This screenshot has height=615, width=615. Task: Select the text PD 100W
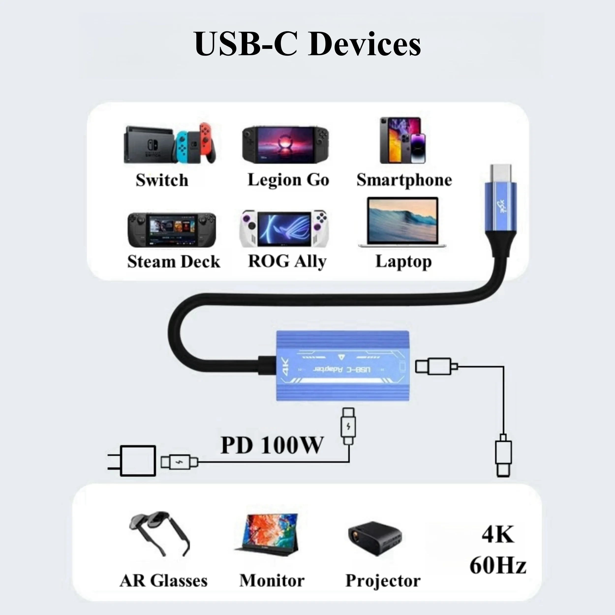272,445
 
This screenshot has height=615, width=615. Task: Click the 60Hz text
498,566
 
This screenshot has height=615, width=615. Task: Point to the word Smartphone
404,180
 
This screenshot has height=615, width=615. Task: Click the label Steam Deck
173,262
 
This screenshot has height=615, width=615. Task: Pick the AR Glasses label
163,581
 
